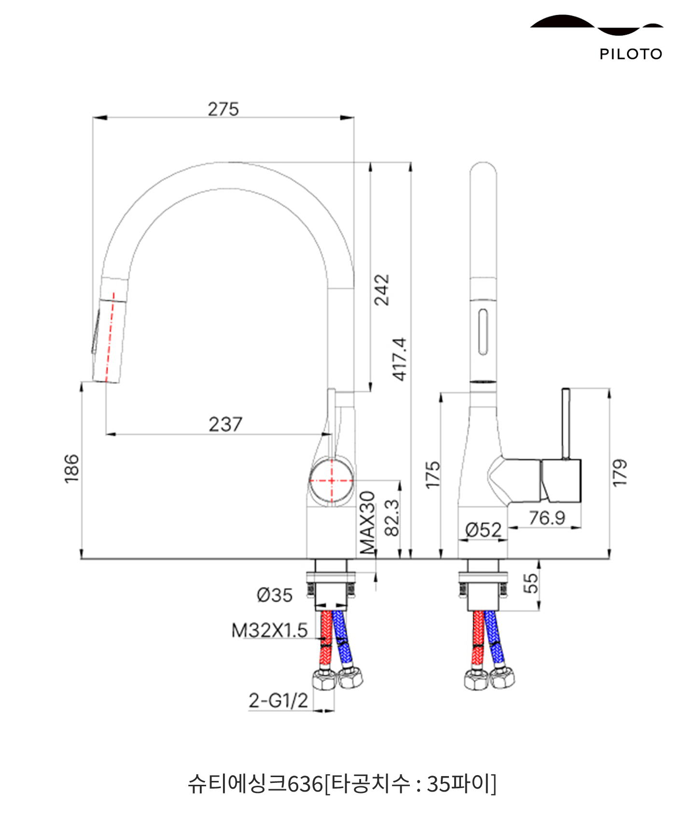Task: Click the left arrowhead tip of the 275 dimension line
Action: click(x=93, y=117)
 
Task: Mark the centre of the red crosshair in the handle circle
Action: click(x=332, y=480)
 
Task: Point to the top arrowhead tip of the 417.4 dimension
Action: click(x=411, y=163)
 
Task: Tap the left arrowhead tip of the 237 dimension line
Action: click(x=106, y=434)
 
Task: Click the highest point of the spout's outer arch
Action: click(x=232, y=162)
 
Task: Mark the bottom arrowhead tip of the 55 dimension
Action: click(x=539, y=611)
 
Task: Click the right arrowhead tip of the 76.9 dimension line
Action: click(x=581, y=528)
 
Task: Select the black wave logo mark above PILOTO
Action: click(x=597, y=25)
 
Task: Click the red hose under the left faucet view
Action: click(x=327, y=640)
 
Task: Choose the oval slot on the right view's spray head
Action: click(x=483, y=333)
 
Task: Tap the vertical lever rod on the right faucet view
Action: click(x=566, y=423)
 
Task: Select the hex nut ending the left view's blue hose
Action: click(x=350, y=677)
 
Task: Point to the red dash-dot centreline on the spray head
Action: click(x=111, y=336)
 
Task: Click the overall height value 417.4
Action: click(x=400, y=359)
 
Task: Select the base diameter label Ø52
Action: click(x=483, y=530)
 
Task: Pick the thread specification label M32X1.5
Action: click(x=269, y=630)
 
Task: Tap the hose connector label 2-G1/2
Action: click(x=278, y=700)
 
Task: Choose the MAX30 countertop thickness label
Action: click(x=368, y=522)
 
